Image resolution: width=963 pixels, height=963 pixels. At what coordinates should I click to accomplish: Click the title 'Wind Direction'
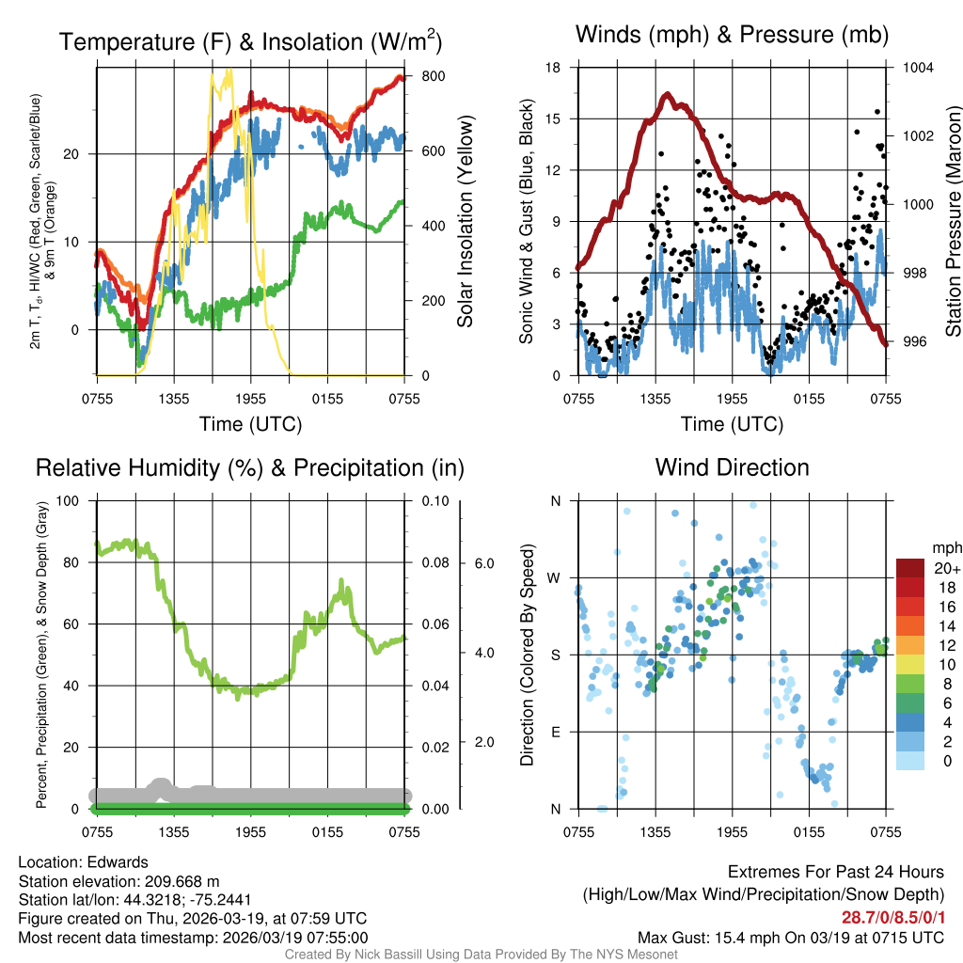732,467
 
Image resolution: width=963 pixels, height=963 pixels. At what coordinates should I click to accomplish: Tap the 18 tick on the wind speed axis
553,68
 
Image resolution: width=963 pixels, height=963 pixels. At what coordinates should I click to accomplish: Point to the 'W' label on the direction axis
556,577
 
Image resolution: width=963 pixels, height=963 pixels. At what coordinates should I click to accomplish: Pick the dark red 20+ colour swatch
911,569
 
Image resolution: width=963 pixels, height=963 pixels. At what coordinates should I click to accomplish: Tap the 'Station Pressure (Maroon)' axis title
952,222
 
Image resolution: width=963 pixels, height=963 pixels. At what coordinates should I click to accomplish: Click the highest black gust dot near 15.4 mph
877,112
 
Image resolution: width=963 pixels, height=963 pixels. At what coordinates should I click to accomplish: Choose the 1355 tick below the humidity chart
174,831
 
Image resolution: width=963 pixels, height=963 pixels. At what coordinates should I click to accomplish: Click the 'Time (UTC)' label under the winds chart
732,424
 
